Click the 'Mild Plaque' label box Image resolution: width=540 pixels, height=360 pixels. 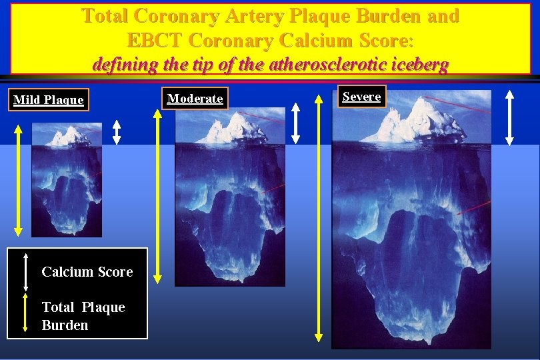pyautogui.click(x=49, y=100)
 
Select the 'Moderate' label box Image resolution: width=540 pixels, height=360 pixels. pyautogui.click(x=195, y=99)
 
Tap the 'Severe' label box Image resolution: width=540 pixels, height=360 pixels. pyautogui.click(x=361, y=97)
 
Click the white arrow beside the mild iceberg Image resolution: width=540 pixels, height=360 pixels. pyautogui.click(x=117, y=132)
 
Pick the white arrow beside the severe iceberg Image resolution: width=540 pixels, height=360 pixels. pyautogui.click(x=510, y=118)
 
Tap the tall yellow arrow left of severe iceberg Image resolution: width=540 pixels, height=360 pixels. pyautogui.click(x=319, y=221)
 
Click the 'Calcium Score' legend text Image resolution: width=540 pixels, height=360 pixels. pyautogui.click(x=87, y=272)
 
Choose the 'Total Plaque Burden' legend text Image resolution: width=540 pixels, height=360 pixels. pyautogui.click(x=83, y=316)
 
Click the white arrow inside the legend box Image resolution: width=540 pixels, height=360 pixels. pyautogui.click(x=25, y=271)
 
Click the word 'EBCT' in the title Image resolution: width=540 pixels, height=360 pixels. pyautogui.click(x=155, y=41)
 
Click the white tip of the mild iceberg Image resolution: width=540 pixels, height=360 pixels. pyautogui.click(x=69, y=137)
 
